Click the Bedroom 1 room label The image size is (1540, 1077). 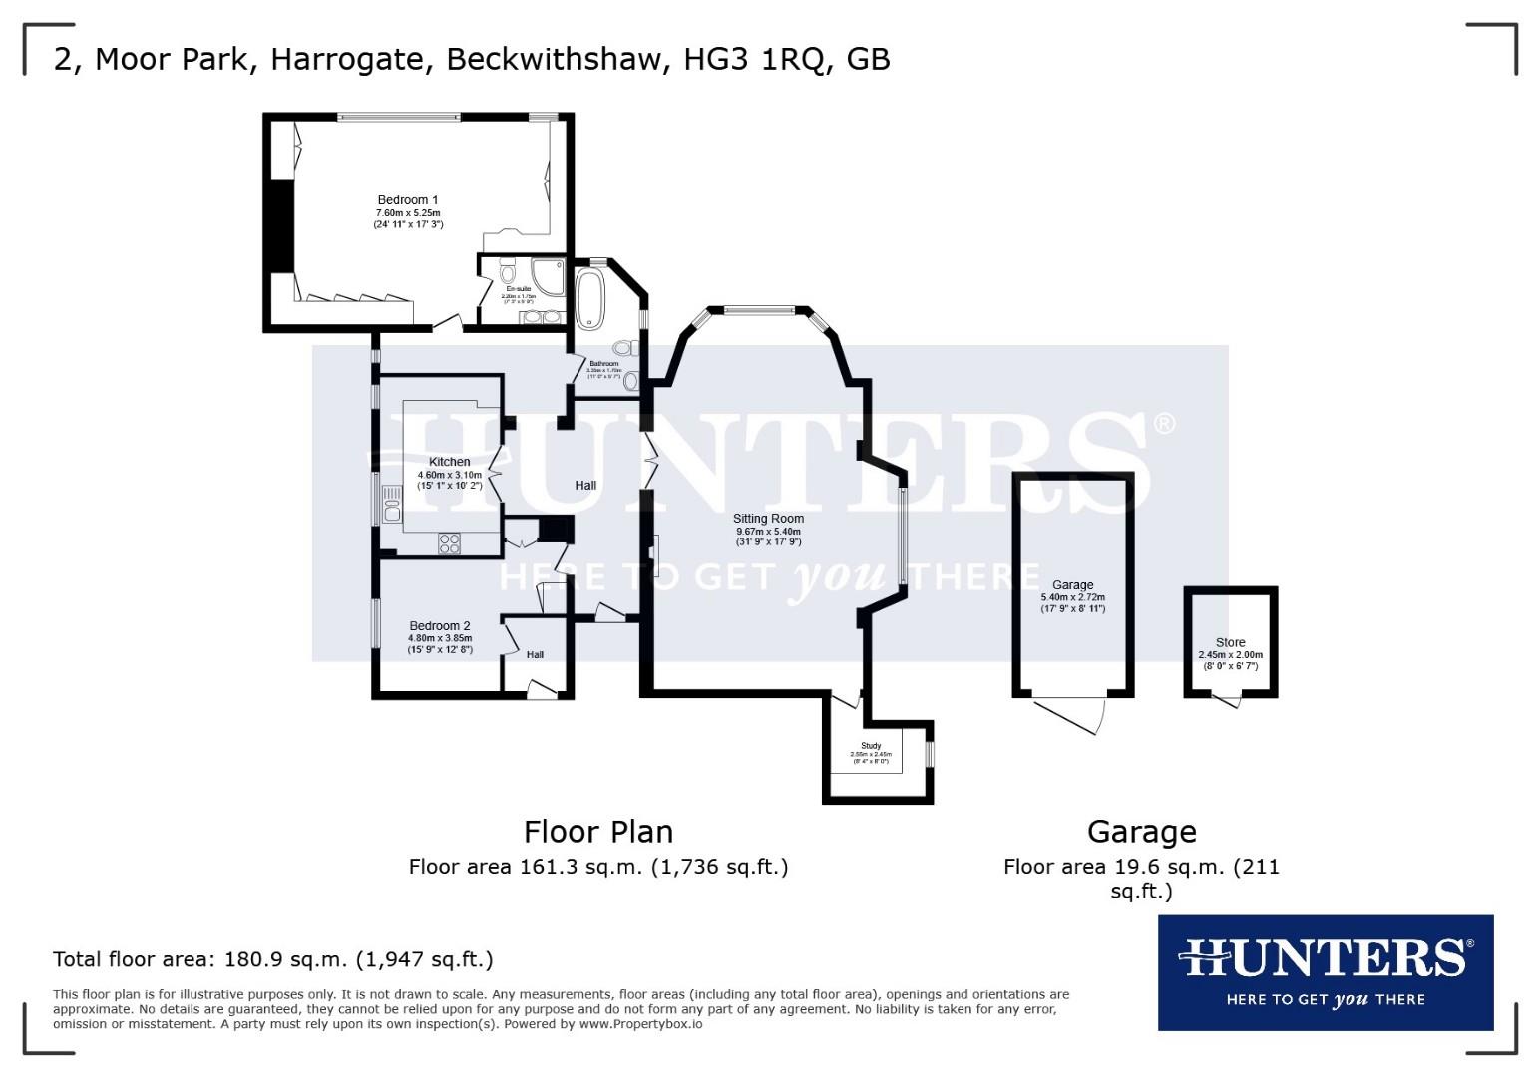coord(407,200)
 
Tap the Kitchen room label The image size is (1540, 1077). coord(450,462)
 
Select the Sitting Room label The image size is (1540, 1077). coord(768,519)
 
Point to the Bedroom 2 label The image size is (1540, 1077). coord(440,626)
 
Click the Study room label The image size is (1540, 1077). coord(871,746)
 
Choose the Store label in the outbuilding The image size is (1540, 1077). coord(1230,643)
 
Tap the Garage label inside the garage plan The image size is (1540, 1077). coord(1073,585)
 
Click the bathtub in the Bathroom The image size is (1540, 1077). coord(589,297)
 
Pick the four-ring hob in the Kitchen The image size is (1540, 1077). coord(450,543)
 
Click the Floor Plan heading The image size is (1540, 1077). coord(598,832)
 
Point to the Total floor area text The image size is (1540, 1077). coord(272,960)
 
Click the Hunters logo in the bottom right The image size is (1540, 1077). coord(1325,972)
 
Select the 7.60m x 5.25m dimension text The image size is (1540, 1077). coord(407,213)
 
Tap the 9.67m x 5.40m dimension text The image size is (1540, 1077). coord(768,532)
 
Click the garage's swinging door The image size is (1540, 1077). coord(1071,714)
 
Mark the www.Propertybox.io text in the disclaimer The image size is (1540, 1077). coord(640,1024)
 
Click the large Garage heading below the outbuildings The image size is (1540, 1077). coord(1141,832)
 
